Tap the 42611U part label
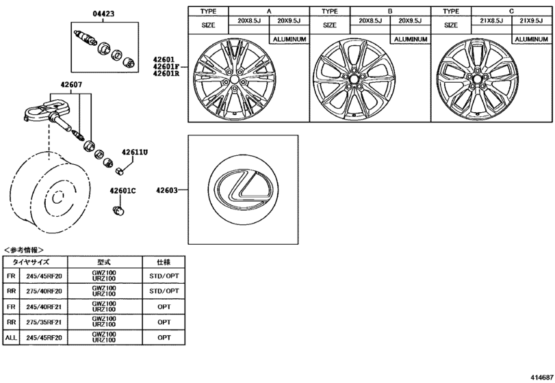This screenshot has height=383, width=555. pyautogui.click(x=135, y=152)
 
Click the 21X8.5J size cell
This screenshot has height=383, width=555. pyautogui.click(x=491, y=21)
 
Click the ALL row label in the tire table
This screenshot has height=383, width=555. pyautogui.click(x=10, y=336)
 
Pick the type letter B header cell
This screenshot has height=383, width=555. pyautogui.click(x=389, y=12)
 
